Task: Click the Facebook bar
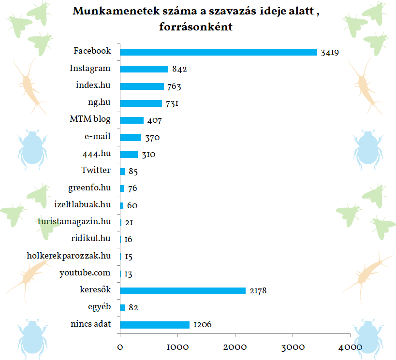pos(218,52)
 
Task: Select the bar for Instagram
pos(144,69)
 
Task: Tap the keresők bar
pos(183,290)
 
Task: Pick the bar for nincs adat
pos(155,325)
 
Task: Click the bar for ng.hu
pos(141,103)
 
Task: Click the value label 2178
pos(258,291)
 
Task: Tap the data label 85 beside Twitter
pos(133,172)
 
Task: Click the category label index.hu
pos(93,86)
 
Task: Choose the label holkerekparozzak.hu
pos(69,256)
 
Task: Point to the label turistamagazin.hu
pos(74,221)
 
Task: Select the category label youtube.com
pos(85,273)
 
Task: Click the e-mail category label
pos(97,137)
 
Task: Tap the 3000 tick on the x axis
pos(293,347)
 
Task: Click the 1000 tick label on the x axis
pos(177,347)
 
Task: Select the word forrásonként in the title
pos(196,27)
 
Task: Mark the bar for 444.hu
pos(129,155)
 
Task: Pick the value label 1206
pos(203,325)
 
